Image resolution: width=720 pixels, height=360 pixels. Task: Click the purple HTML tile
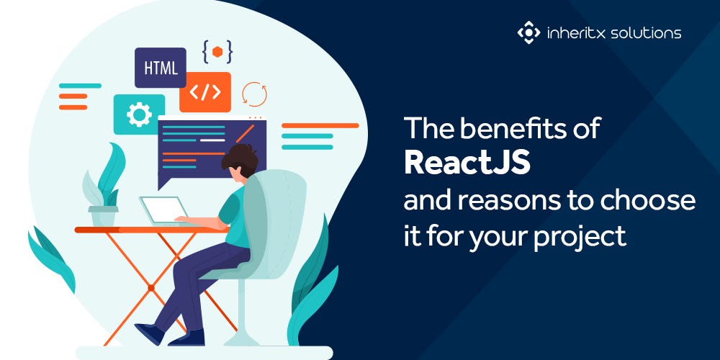(160, 68)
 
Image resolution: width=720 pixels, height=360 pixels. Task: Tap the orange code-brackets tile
(204, 92)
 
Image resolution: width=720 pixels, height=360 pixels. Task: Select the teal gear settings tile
(138, 114)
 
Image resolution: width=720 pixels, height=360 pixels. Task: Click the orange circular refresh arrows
(254, 94)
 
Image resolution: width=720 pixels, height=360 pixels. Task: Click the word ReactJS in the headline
(467, 163)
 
